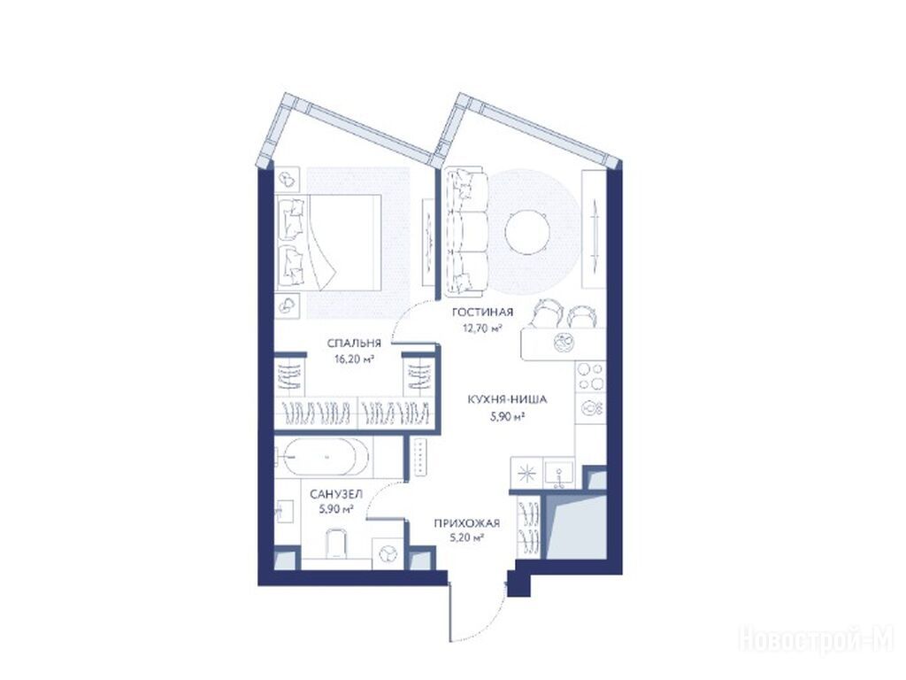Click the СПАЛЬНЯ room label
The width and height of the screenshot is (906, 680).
coord(354,343)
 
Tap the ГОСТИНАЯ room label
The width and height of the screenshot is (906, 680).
coord(482,313)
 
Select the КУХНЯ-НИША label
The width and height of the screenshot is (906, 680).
coord(507,399)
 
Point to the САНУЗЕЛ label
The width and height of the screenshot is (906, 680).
coord(336,494)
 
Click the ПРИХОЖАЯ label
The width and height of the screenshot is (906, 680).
coord(467,524)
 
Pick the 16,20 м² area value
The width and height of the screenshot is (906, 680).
coord(354,359)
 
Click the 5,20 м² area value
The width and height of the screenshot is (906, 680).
coord(466,538)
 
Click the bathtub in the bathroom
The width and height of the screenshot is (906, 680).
coord(323,457)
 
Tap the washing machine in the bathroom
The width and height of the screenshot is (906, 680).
coord(388,554)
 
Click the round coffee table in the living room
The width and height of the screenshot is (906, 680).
coord(527,230)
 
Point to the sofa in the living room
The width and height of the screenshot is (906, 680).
coord(465,230)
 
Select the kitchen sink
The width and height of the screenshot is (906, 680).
coord(559,474)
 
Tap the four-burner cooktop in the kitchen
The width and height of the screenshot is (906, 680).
coord(590,375)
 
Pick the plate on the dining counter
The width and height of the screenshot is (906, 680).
coord(562,343)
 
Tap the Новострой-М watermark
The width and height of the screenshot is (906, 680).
coord(817,641)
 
